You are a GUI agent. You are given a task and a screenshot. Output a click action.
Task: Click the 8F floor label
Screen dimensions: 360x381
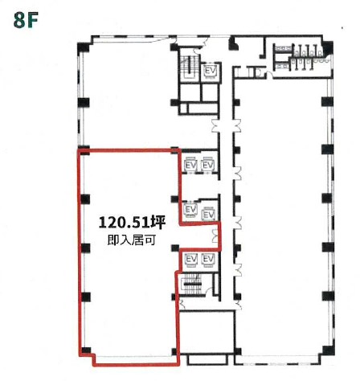(26, 20)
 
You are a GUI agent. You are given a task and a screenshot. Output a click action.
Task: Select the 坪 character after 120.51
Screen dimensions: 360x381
(157, 223)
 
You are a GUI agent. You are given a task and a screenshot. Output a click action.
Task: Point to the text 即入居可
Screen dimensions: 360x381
(131, 240)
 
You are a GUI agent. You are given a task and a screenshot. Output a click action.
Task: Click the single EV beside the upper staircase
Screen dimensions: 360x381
(210, 71)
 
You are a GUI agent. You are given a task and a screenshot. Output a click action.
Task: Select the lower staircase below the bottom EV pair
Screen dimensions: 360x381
(192, 284)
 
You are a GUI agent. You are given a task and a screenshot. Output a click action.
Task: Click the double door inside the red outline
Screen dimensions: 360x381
(215, 236)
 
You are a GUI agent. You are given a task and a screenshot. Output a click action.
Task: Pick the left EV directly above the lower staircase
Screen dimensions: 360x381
(191, 260)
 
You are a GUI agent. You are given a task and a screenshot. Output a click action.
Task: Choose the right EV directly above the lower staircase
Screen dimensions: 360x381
(208, 260)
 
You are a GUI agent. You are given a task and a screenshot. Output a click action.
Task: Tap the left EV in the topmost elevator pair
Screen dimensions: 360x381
(190, 165)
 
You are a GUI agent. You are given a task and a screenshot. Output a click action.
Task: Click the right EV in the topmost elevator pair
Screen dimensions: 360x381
(207, 165)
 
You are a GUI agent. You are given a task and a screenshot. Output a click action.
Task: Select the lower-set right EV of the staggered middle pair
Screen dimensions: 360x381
(209, 214)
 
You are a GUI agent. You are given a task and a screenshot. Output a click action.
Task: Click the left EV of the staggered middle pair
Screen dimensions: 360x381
(190, 209)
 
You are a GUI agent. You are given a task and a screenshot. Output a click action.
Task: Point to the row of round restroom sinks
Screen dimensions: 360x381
(321, 60)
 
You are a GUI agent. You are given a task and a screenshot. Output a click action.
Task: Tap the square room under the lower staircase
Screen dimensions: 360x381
(207, 332)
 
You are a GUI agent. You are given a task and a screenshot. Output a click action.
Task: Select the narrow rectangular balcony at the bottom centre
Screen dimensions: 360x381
(207, 359)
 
